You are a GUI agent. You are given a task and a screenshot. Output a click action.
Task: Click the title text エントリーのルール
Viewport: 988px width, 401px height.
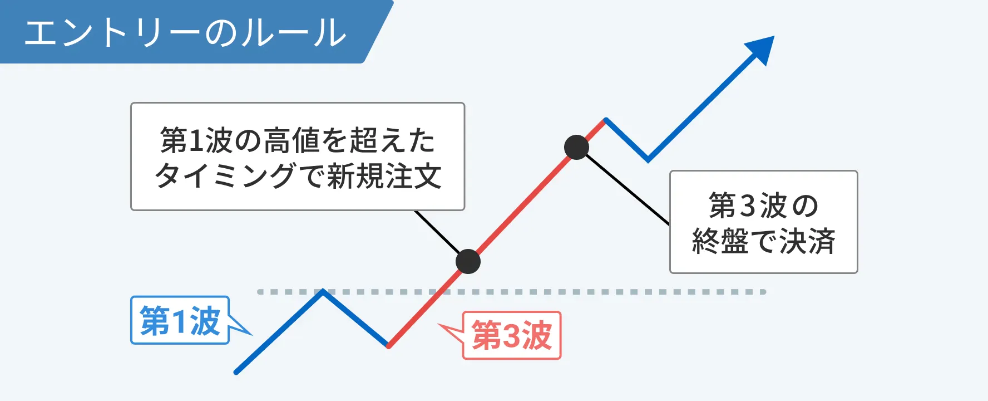click(185, 32)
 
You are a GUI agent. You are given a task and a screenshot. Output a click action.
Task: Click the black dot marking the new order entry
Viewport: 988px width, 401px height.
click(468, 261)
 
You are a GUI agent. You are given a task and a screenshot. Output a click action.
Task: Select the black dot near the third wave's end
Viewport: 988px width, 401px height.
click(576, 148)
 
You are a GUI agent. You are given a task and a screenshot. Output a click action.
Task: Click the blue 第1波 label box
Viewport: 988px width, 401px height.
click(180, 320)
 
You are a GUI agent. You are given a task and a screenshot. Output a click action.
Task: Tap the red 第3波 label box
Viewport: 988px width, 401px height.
click(512, 335)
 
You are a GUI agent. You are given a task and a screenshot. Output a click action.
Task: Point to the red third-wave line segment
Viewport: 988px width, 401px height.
click(497, 233)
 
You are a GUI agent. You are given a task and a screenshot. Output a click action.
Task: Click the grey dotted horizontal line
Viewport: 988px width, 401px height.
click(512, 292)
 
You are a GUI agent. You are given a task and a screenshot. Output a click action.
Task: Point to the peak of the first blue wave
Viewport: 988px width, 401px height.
click(323, 291)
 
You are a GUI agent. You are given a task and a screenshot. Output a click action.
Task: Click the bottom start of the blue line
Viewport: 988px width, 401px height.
click(236, 371)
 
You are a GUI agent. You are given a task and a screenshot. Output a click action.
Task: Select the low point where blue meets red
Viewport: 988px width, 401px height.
click(388, 346)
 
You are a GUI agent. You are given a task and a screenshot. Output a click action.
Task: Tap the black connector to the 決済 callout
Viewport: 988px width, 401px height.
click(628, 189)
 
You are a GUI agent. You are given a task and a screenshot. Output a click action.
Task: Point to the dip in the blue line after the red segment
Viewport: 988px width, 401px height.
click(648, 160)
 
